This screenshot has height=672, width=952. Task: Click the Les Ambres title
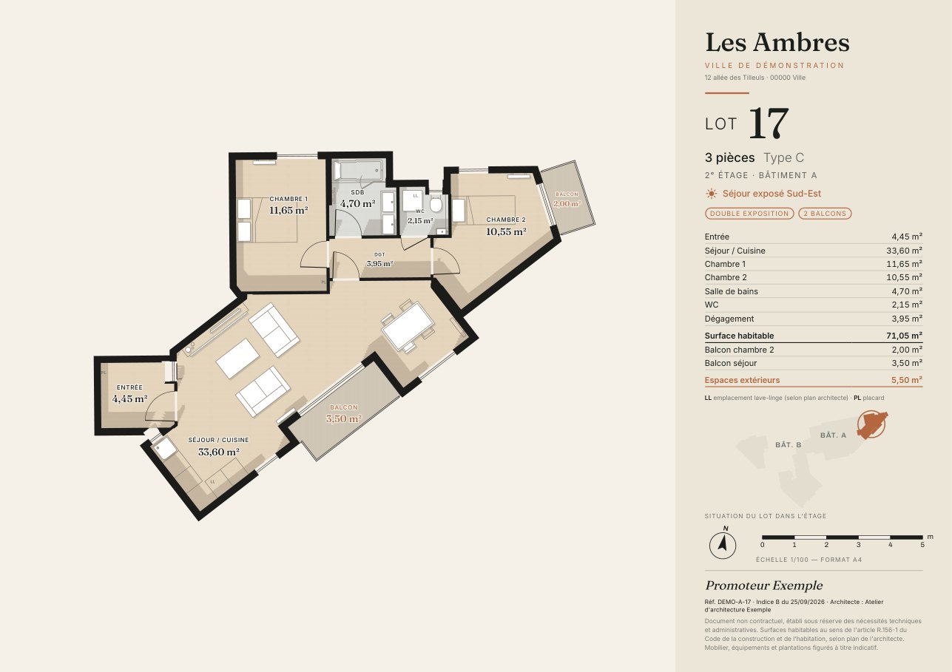(x=777, y=42)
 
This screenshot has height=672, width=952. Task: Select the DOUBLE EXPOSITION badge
(x=749, y=213)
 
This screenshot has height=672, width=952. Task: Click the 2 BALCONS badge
(x=825, y=213)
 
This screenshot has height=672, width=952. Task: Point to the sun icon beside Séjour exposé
(x=711, y=194)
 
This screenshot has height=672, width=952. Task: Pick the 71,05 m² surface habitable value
(x=904, y=336)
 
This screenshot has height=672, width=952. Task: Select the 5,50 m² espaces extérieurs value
(x=907, y=380)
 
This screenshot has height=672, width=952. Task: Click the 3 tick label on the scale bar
(x=858, y=545)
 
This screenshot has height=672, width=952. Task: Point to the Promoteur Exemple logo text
(x=763, y=586)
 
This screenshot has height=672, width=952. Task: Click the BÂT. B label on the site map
(x=788, y=445)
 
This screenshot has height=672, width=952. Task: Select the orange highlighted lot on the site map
(x=871, y=424)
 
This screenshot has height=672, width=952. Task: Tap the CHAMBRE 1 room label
(x=288, y=199)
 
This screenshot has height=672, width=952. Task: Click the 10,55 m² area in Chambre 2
(x=506, y=232)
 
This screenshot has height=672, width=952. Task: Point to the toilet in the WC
(x=436, y=206)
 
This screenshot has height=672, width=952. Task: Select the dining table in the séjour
(x=408, y=326)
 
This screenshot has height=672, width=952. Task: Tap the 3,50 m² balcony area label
(x=343, y=419)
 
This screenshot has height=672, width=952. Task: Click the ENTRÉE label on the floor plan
(x=129, y=387)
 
